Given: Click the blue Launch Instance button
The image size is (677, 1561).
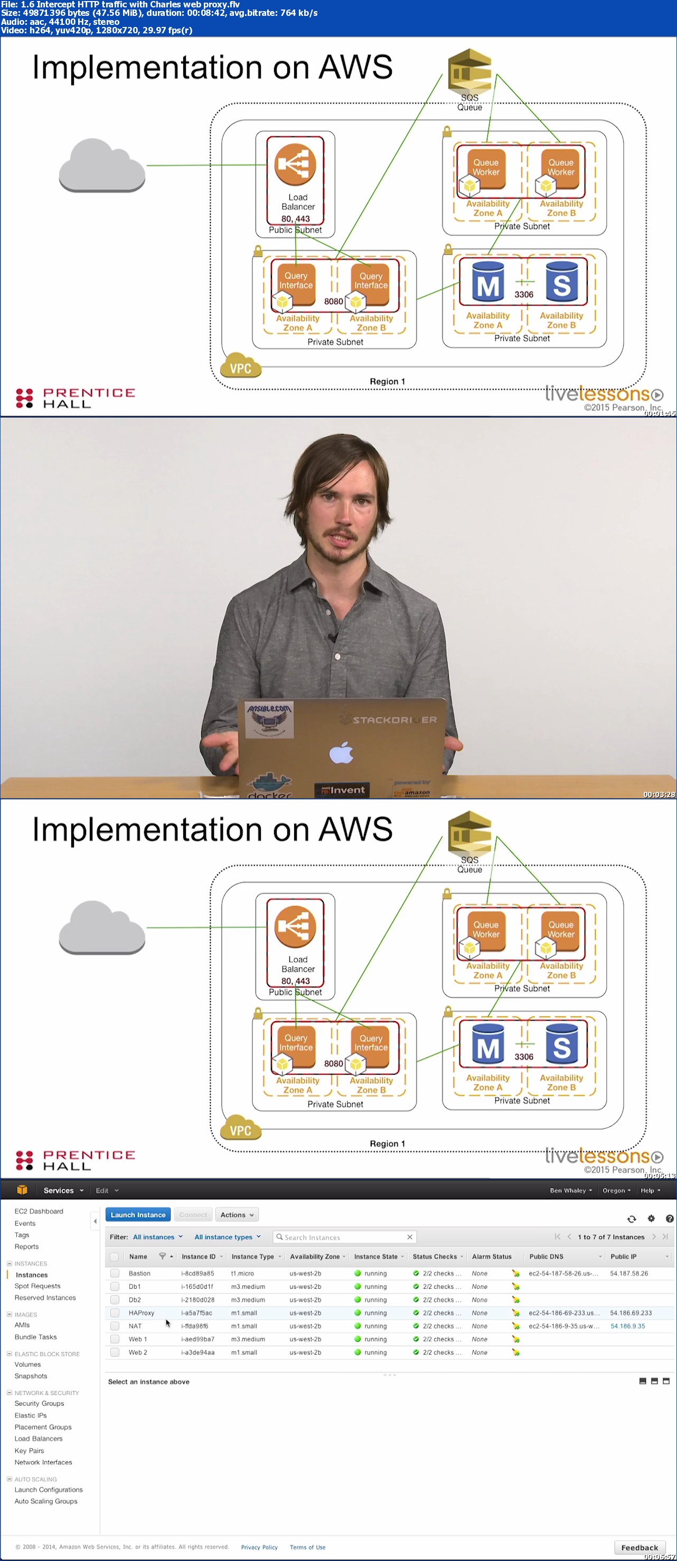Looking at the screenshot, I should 137,1214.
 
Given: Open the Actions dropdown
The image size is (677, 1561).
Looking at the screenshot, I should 237,1214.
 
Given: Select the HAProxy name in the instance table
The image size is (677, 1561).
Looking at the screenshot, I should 141,1313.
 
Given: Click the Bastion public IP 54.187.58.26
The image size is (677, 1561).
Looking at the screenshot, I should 628,1273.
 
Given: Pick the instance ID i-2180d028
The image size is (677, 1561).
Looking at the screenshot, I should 198,1299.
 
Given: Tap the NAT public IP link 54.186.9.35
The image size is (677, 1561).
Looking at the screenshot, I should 627,1326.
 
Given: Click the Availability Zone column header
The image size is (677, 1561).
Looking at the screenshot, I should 315,1256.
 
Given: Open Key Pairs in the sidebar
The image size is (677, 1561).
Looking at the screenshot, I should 29,1450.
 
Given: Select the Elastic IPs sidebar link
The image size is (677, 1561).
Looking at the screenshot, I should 30,1415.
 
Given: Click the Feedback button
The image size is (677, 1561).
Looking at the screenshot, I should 639,1547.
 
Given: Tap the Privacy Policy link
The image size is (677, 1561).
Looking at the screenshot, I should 259,1547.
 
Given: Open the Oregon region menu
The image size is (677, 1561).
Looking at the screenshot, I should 616,1190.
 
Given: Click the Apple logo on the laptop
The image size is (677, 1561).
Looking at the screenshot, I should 342,753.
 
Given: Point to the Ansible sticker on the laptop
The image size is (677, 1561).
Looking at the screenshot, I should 269,718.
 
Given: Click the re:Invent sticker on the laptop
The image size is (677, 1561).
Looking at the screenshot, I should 343,790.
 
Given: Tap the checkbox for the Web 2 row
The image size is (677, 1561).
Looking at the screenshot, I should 115,1352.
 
